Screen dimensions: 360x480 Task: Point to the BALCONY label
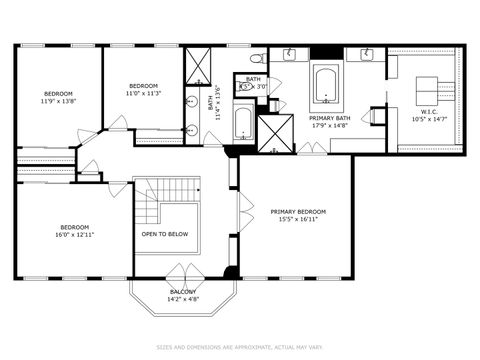[183, 291]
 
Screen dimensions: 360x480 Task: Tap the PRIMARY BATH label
[328, 117]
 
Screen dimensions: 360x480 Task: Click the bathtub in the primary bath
[327, 85]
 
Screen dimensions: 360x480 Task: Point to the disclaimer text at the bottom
[239, 348]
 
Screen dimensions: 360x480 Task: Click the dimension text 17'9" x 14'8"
[328, 125]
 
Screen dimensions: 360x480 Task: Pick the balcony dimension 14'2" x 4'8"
[183, 299]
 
